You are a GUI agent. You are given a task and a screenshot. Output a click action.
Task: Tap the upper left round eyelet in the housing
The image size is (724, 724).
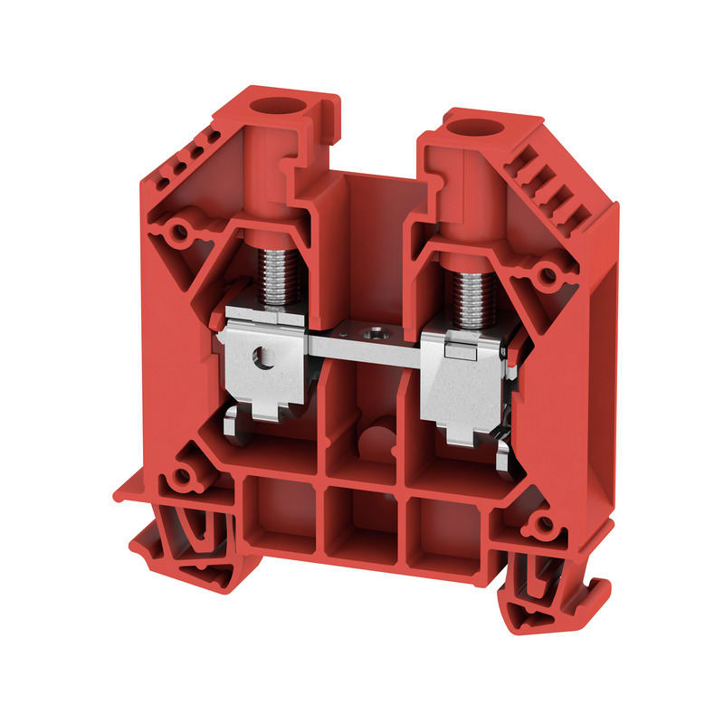180,232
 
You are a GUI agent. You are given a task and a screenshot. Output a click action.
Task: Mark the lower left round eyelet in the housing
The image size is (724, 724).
181,474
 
